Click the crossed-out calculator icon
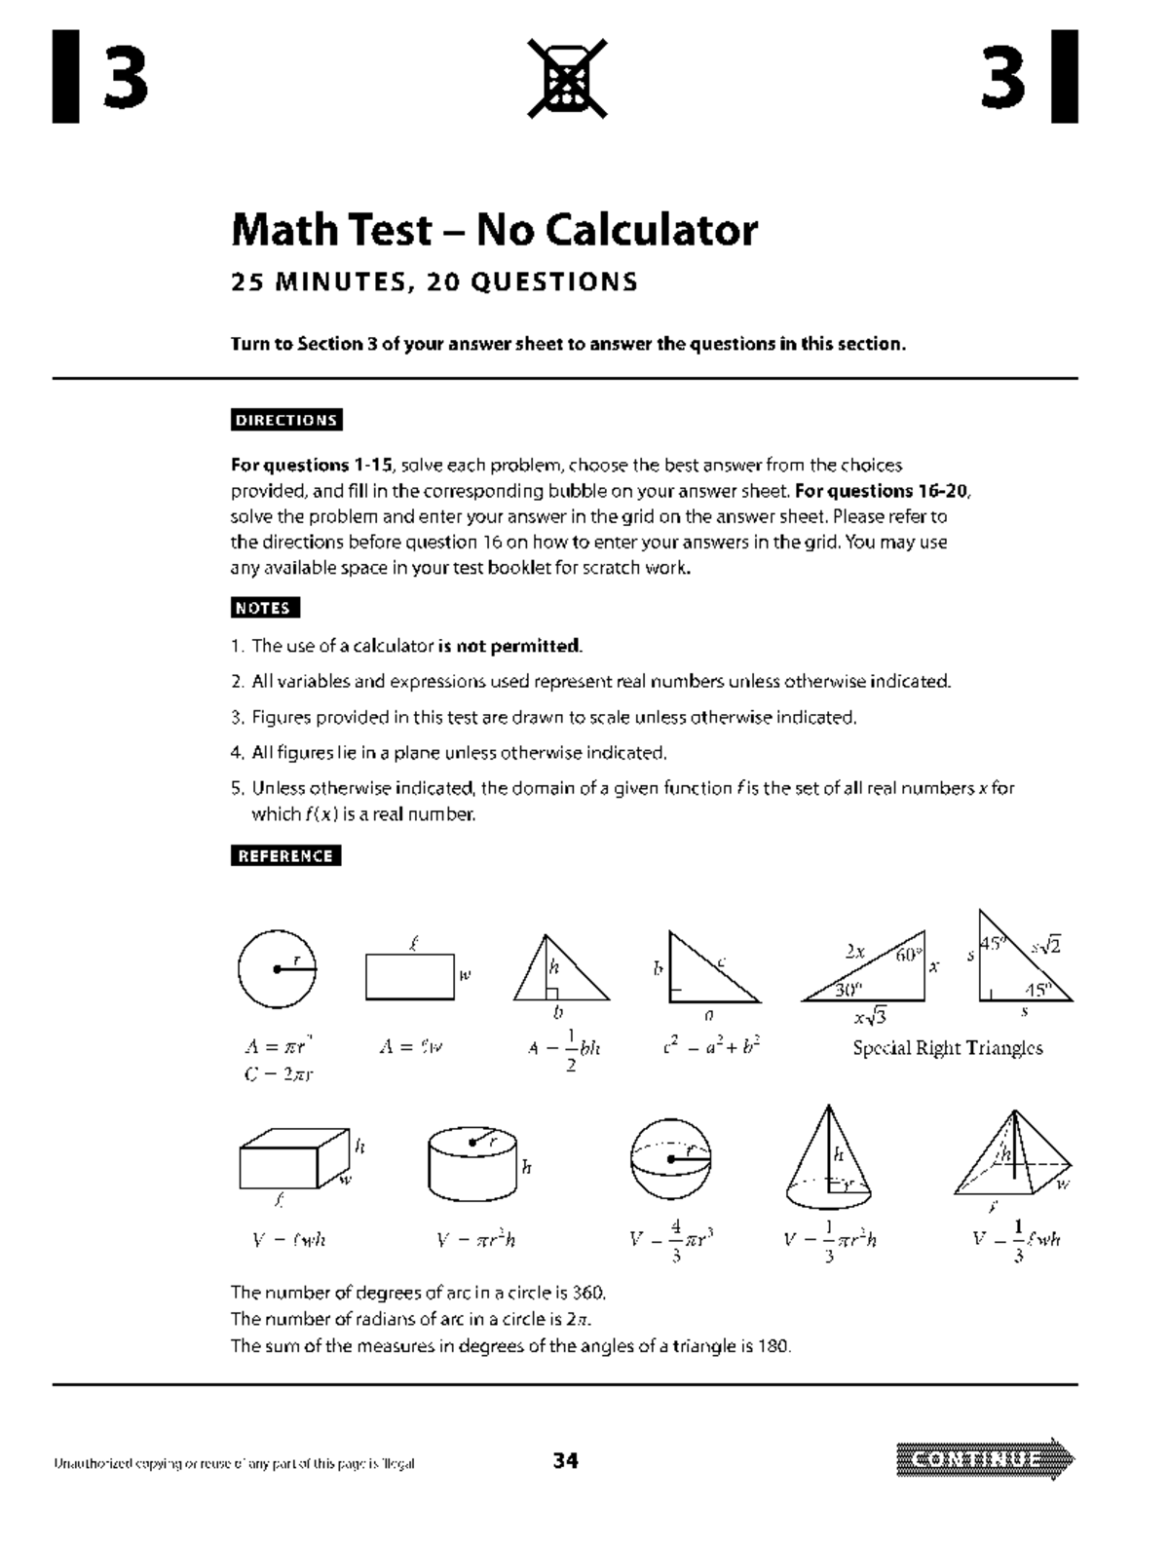(567, 78)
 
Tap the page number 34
(566, 1460)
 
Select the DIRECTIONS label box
(286, 420)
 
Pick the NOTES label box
(265, 608)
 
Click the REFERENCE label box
(286, 856)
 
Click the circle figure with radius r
(276, 968)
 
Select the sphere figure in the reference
(670, 1159)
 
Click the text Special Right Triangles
(947, 1049)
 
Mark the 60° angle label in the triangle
(906, 957)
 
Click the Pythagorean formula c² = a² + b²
(710, 1047)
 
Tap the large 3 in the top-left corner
(125, 78)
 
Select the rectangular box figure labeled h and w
(294, 1160)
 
